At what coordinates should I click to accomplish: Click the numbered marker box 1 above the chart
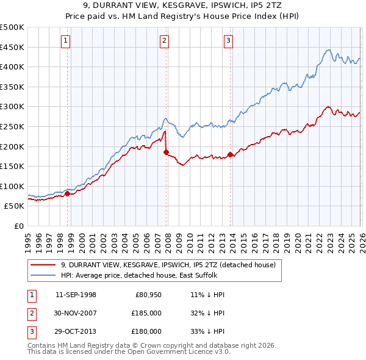click(x=65, y=41)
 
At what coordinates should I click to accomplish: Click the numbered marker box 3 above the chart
click(x=228, y=41)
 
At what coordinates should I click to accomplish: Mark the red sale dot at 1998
click(x=67, y=193)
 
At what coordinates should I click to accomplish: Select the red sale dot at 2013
click(x=230, y=154)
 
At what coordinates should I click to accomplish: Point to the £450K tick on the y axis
click(x=12, y=47)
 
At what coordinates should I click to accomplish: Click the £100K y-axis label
click(x=12, y=186)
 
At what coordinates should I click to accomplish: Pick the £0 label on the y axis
click(x=18, y=226)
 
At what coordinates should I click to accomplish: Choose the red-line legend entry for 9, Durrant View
click(x=168, y=265)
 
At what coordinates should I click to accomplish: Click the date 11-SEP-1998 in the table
click(x=76, y=294)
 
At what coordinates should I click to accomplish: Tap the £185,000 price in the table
click(x=146, y=313)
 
